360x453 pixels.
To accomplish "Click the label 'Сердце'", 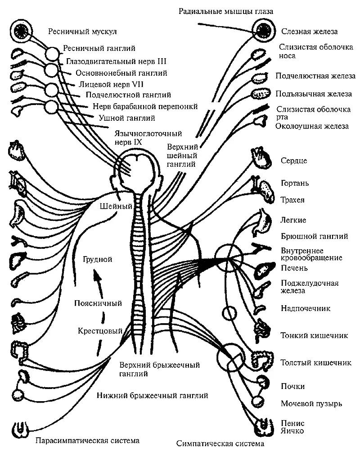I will [293, 161].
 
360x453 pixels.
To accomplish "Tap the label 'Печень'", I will [294, 269].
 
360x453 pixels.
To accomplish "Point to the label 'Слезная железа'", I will [309, 32].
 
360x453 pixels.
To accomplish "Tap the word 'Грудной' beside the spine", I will [98, 260].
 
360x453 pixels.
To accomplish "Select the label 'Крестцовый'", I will [100, 330].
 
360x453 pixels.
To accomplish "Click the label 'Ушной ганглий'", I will [126, 118].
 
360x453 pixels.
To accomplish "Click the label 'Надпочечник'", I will [306, 308].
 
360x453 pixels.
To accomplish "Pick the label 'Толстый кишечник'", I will [309, 362].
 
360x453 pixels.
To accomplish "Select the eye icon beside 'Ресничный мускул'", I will [22, 31].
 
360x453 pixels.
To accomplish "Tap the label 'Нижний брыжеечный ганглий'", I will [152, 396].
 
